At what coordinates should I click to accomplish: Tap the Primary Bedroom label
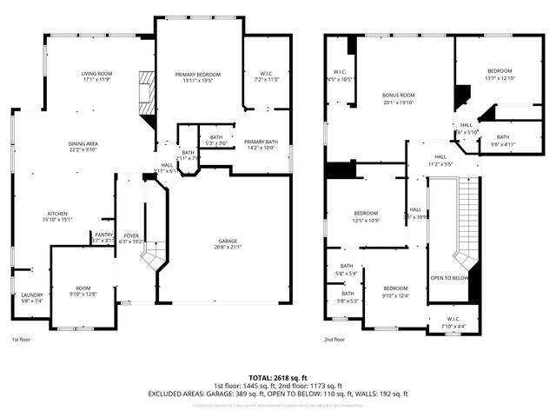click(197, 75)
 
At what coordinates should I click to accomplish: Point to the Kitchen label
click(57, 213)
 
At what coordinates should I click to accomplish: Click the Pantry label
click(103, 234)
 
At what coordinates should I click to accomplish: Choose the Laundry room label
click(31, 295)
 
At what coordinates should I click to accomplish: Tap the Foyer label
click(130, 235)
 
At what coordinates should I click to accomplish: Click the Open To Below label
click(449, 278)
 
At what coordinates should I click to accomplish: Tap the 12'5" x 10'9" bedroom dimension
click(366, 220)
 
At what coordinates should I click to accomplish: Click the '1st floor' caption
click(22, 340)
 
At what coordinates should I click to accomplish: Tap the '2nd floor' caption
click(334, 340)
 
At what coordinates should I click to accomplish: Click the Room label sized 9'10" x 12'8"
click(83, 288)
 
